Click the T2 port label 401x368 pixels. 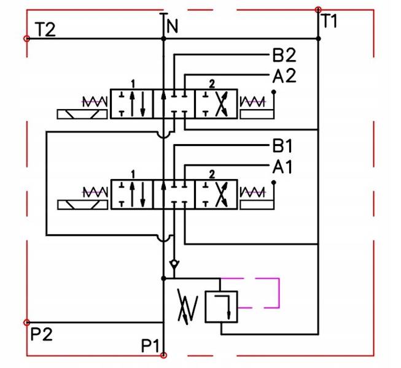[45, 29]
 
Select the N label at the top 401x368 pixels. [172, 26]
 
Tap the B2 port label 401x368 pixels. [284, 56]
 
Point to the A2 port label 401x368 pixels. [284, 76]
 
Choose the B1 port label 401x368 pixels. [283, 147]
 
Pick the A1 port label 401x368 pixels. [283, 166]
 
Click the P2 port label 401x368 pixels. [41, 334]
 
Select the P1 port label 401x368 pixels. [151, 345]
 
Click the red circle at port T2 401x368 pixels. [26, 39]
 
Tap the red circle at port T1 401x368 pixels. [317, 10]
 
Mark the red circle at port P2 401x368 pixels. [26, 322]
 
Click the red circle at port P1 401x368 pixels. [163, 355]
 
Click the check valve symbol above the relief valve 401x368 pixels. [175, 264]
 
